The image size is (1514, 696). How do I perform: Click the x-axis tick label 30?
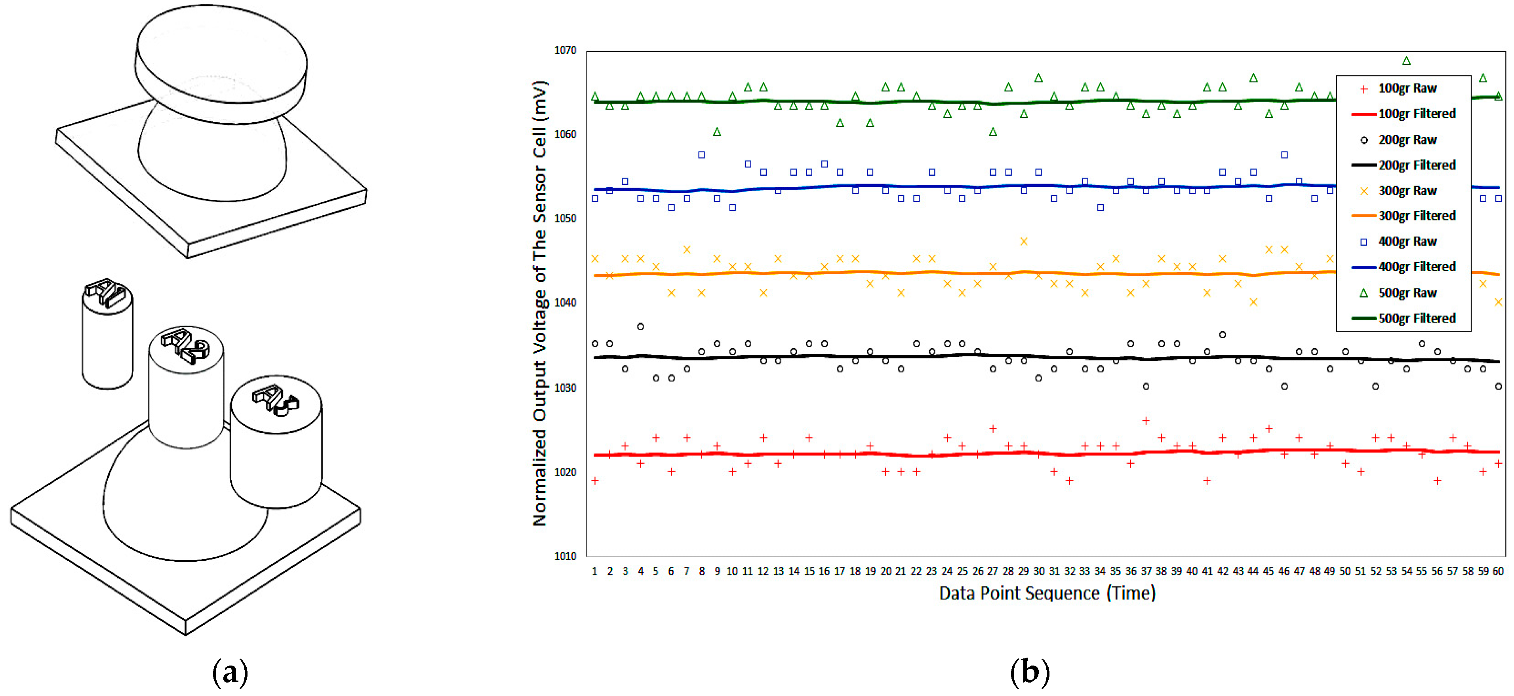click(1038, 571)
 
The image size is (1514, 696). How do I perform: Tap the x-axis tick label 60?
click(1498, 571)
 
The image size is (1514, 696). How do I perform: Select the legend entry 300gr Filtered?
click(1417, 216)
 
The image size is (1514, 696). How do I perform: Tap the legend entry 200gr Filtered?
click(1417, 165)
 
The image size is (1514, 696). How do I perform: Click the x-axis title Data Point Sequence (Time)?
click(1047, 593)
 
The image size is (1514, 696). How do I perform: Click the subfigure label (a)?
click(230, 671)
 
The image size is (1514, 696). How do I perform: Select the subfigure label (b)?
click(1029, 671)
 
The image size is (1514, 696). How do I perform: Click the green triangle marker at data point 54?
click(1406, 61)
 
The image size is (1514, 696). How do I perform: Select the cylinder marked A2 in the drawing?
click(186, 394)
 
